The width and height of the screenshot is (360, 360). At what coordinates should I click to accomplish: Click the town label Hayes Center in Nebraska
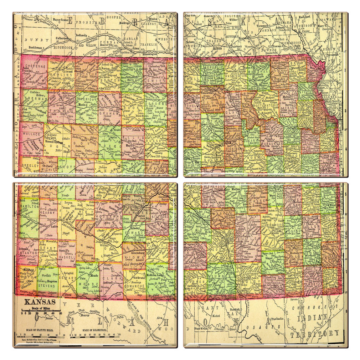click(60, 20)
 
